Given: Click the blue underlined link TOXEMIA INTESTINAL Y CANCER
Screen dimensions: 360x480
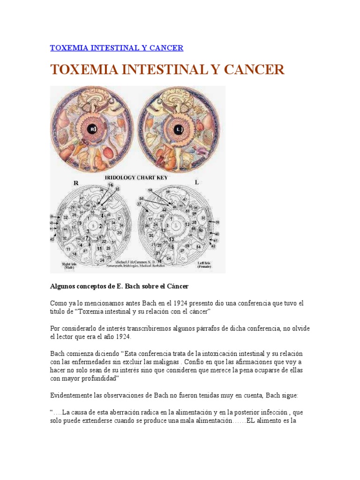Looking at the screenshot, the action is (117, 48).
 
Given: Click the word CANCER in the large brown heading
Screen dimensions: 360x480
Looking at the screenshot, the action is (254, 70).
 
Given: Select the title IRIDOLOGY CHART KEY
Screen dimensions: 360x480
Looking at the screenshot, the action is (137, 178).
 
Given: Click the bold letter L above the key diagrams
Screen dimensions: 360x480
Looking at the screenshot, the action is (197, 182).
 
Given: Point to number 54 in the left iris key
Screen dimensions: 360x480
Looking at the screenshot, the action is (198, 247).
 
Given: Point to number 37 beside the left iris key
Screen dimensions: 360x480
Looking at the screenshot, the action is (140, 204).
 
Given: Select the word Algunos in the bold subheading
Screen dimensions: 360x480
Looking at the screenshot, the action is (63, 286).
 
